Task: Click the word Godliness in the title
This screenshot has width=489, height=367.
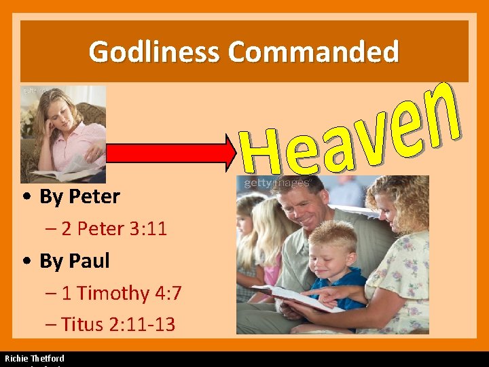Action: coord(156,52)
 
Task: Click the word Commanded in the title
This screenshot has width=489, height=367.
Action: coord(313,52)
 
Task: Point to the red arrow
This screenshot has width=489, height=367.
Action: coord(170,154)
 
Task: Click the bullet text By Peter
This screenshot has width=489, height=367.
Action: coord(79,197)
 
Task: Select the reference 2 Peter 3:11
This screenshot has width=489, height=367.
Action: coord(113,228)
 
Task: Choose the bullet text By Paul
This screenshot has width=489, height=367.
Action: coord(74,260)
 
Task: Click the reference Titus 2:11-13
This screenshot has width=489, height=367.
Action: coord(117,324)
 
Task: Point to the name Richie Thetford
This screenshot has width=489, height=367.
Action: coord(35,358)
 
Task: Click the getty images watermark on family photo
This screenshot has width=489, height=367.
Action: coord(276,183)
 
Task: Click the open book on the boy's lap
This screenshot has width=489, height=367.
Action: coord(295,297)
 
